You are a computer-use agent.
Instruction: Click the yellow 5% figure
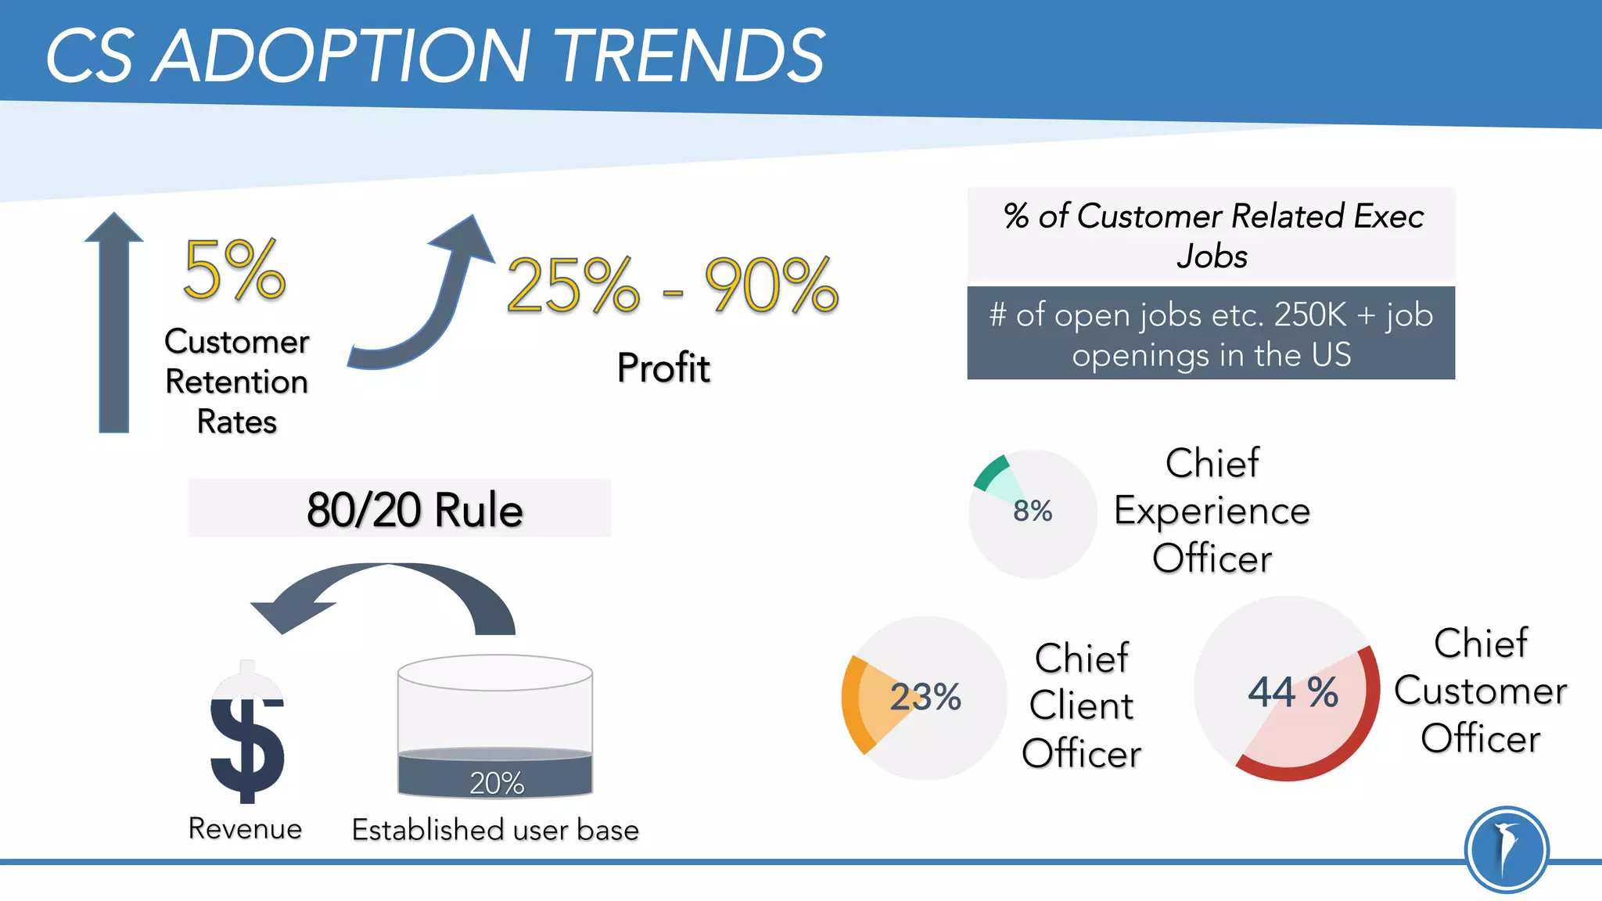(x=234, y=270)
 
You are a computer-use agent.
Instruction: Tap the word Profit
(x=663, y=368)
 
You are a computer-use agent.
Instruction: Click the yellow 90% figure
(x=771, y=285)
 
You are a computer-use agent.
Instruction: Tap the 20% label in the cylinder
(x=497, y=782)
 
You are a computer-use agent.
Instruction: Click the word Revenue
(x=245, y=828)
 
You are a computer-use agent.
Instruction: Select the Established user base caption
(x=495, y=829)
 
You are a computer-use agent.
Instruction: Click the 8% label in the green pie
(x=1033, y=511)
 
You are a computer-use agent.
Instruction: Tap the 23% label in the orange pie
(x=925, y=696)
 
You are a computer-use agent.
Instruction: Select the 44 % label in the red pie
(x=1293, y=692)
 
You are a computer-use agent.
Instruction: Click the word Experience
(x=1212, y=511)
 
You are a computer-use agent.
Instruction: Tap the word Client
(x=1081, y=705)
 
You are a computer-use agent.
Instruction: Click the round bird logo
(x=1507, y=849)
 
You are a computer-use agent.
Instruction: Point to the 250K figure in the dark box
(x=1310, y=315)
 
